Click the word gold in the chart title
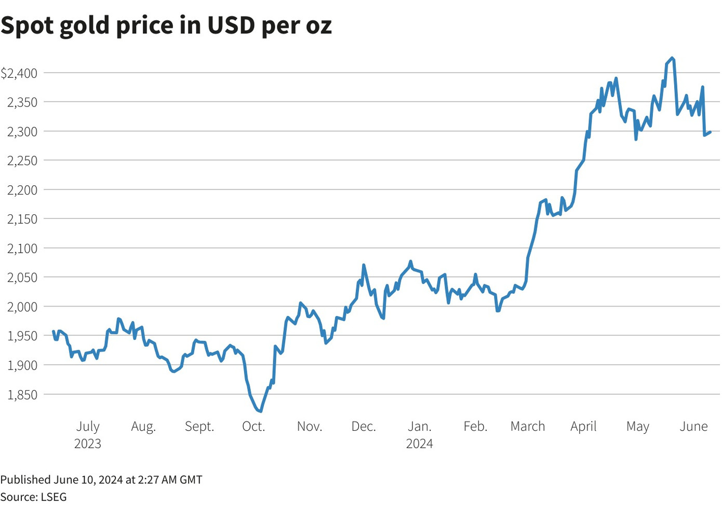85,26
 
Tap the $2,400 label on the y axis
19,73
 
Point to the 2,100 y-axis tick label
22,249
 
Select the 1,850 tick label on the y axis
22,395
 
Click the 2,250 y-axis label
22,161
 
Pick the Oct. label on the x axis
253,427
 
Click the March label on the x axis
528,427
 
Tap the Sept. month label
199,427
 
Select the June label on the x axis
693,427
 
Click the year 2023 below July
88,444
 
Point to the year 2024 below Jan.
419,444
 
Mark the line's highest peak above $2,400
673,58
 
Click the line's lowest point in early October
260,411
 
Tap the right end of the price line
710,132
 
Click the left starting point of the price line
54,331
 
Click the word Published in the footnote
25,479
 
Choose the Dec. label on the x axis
364,427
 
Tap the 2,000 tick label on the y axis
22,307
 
